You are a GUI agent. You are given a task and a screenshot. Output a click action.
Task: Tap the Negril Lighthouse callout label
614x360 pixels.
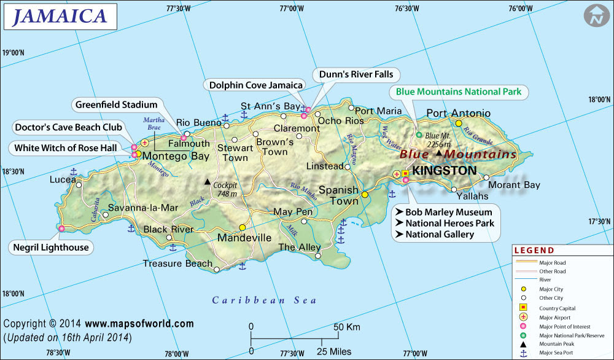point(52,248)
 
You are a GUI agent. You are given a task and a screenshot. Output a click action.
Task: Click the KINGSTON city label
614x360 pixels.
point(445,170)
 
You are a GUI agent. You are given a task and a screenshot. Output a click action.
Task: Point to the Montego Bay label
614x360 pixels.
point(176,156)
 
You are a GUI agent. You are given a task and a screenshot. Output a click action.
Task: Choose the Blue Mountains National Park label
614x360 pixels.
point(458,92)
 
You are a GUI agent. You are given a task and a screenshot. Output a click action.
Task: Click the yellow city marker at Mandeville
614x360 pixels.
point(243,226)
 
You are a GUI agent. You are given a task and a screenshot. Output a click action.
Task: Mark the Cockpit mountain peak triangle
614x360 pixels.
point(208,182)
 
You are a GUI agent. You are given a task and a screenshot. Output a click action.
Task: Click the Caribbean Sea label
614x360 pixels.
point(264,300)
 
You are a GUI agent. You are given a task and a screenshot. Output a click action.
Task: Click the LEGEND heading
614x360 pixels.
point(534,251)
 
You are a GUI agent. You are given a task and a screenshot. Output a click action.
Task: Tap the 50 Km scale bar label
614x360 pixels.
point(348,327)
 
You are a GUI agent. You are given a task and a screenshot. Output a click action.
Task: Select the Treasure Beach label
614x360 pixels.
point(177,264)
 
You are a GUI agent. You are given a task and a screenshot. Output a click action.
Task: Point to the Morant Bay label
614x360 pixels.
point(514,185)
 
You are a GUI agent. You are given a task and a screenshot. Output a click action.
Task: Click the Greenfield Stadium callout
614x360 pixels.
point(116,105)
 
